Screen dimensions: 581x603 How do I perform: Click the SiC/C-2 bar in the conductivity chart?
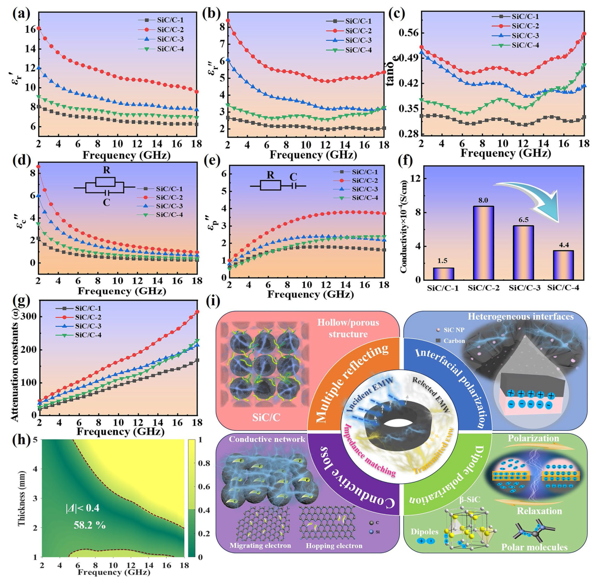click(x=483, y=243)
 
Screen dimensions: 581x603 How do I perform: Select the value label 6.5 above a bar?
click(x=524, y=220)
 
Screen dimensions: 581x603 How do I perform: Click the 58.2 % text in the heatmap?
click(x=90, y=525)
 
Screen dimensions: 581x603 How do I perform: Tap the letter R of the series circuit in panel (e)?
click(x=270, y=175)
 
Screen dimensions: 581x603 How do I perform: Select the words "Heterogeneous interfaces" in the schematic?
click(x=520, y=317)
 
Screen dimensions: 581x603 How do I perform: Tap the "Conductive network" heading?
click(x=267, y=439)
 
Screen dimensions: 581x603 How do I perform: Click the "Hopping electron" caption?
click(x=334, y=546)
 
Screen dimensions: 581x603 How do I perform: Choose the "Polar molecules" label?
click(x=534, y=547)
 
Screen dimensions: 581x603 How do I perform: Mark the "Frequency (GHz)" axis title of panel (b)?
click(x=313, y=155)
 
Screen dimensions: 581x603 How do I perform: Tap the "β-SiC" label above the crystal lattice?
click(x=469, y=499)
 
